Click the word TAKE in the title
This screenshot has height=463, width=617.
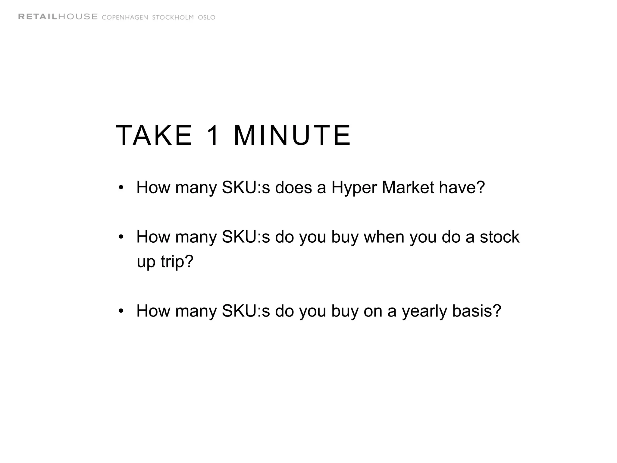pyautogui.click(x=154, y=135)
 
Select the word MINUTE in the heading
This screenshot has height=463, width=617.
pyautogui.click(x=292, y=135)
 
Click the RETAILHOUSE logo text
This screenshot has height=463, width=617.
pyautogui.click(x=58, y=17)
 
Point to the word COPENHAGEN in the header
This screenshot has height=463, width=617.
pyautogui.click(x=125, y=17)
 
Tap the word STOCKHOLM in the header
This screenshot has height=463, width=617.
pyautogui.click(x=173, y=17)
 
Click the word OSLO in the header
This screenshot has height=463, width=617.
pyautogui.click(x=206, y=17)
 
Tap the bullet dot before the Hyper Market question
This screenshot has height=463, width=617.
pyautogui.click(x=121, y=188)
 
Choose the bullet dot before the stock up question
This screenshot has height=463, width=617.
pyautogui.click(x=121, y=237)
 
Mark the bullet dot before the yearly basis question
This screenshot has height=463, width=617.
pyautogui.click(x=121, y=311)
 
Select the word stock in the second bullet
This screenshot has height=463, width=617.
pyautogui.click(x=500, y=237)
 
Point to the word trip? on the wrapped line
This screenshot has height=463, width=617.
pyautogui.click(x=177, y=262)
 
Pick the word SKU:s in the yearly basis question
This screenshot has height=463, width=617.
pyautogui.click(x=246, y=311)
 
